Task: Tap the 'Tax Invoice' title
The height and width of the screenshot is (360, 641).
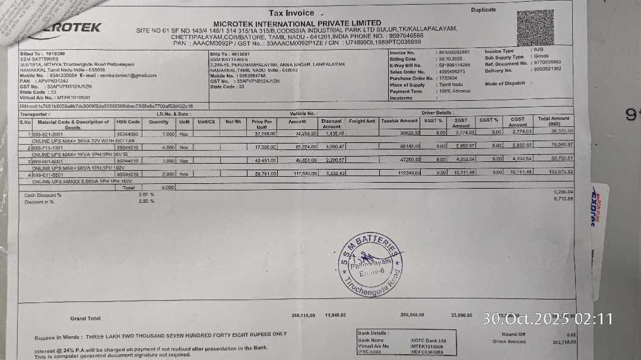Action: pyautogui.click(x=291, y=12)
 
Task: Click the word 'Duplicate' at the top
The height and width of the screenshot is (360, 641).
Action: pyautogui.click(x=483, y=10)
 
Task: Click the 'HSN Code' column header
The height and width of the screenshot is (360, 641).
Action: pyautogui.click(x=128, y=122)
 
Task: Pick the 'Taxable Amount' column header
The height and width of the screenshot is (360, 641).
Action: pyautogui.click(x=399, y=121)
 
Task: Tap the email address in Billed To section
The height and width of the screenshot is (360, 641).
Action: pyautogui.click(x=127, y=75)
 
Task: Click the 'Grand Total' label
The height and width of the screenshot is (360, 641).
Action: pyautogui.click(x=85, y=318)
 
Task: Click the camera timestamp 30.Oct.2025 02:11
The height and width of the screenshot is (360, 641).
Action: pyautogui.click(x=547, y=319)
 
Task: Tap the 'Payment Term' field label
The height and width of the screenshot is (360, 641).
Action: pyautogui.click(x=406, y=91)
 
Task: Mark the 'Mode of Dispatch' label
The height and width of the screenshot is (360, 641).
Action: pyautogui.click(x=504, y=84)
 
